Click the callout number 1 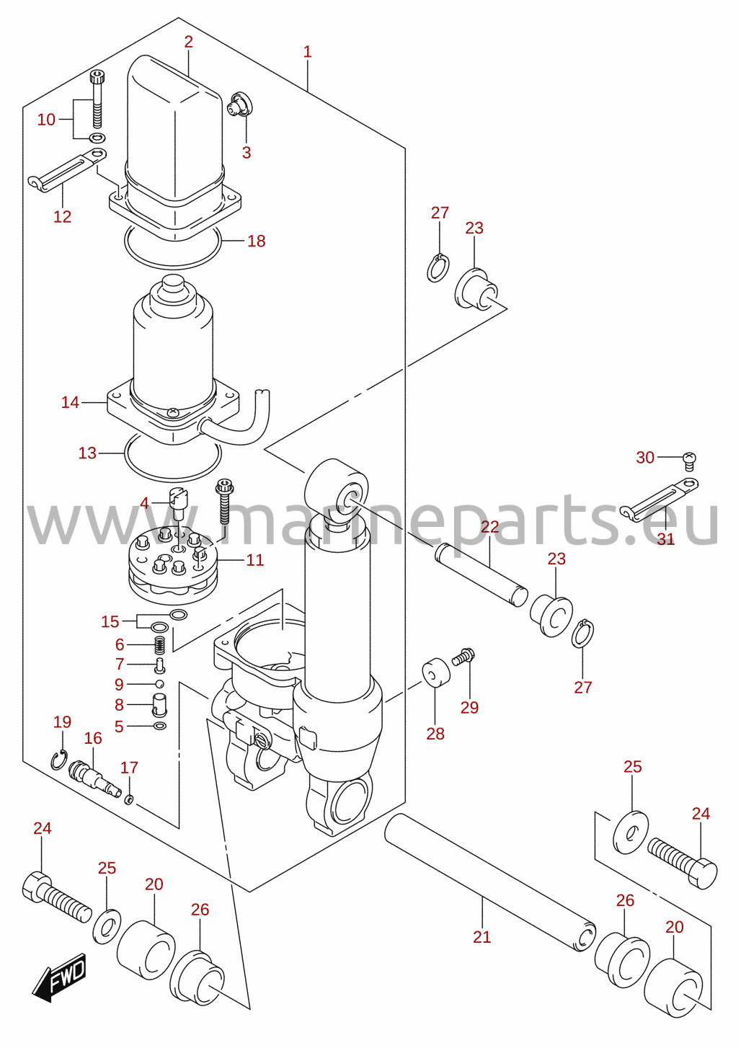[307, 52]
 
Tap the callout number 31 [666, 539]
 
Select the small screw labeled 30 [690, 460]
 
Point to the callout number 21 [482, 937]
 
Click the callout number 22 [489, 527]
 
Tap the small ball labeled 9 [159, 683]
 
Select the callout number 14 [70, 402]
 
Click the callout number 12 [62, 217]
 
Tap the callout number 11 [255, 560]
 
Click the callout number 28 [435, 734]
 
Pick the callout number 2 [189, 42]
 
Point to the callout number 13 [87, 453]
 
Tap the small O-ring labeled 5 [160, 726]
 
